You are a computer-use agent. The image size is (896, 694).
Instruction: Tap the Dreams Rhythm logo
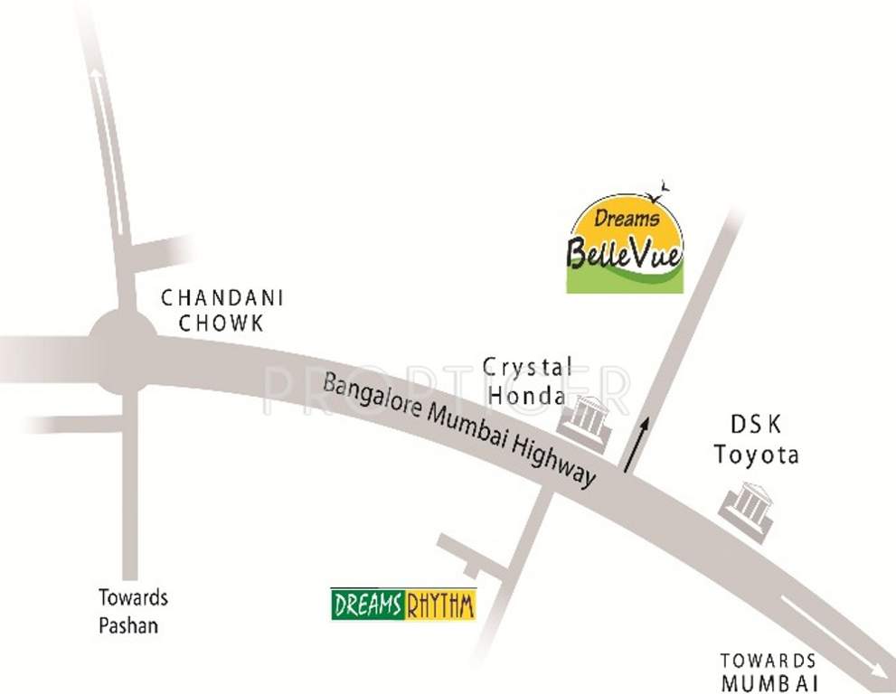pyautogui.click(x=403, y=604)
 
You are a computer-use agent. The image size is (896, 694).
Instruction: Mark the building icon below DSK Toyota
pyautogui.click(x=746, y=511)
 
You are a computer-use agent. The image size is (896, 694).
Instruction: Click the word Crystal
pyautogui.click(x=527, y=368)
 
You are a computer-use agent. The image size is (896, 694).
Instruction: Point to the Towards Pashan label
pyautogui.click(x=134, y=612)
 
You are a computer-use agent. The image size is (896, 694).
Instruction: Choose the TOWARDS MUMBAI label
pyautogui.click(x=769, y=671)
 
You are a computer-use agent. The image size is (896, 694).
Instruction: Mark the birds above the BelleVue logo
pyautogui.click(x=663, y=188)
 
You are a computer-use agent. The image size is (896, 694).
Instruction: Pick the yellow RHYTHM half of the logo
pyautogui.click(x=440, y=604)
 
